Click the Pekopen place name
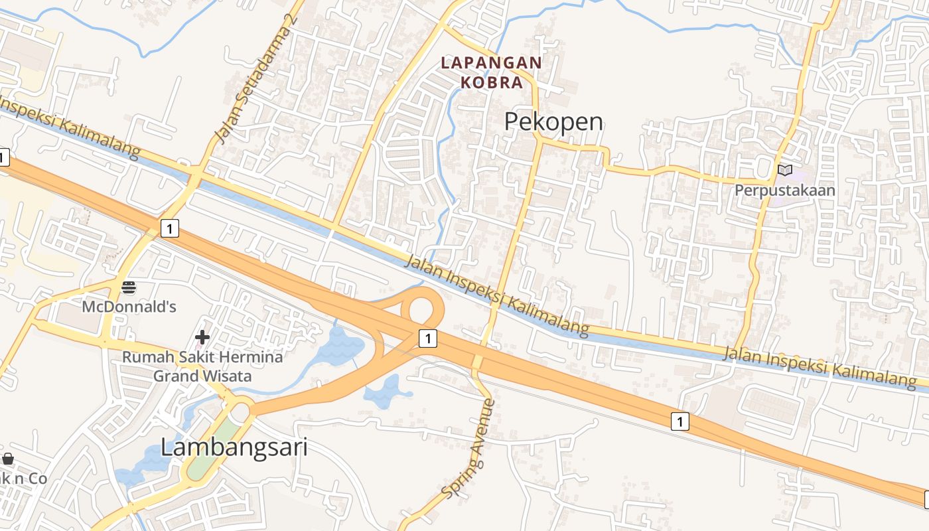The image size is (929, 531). [553, 122]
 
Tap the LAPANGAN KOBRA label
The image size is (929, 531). [492, 72]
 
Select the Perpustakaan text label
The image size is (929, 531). [784, 190]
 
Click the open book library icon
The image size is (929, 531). [784, 171]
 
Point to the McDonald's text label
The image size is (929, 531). [129, 307]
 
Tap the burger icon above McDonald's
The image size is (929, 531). [129, 287]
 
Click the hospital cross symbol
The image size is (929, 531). [202, 337]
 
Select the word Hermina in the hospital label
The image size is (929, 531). [241, 357]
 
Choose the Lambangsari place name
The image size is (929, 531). [234, 447]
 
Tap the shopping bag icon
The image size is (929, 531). [8, 459]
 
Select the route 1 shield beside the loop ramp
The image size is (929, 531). [428, 339]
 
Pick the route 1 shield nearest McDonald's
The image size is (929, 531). [171, 229]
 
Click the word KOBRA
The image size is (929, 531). [492, 82]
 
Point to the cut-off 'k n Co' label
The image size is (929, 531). [21, 478]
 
